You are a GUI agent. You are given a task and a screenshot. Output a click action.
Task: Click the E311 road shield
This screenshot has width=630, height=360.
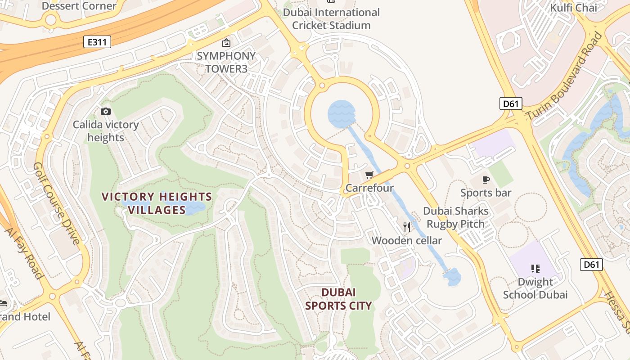pyautogui.click(x=97, y=42)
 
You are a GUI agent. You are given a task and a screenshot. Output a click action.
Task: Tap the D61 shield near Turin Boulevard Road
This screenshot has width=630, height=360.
pyautogui.click(x=510, y=104)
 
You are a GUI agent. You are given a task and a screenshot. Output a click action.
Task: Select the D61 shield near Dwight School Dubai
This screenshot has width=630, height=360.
pyautogui.click(x=591, y=264)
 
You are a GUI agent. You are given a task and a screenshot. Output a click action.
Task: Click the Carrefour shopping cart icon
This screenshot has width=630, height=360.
pyautogui.click(x=369, y=175)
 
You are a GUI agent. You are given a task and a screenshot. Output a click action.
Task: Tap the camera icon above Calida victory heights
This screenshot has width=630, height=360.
pyautogui.click(x=105, y=111)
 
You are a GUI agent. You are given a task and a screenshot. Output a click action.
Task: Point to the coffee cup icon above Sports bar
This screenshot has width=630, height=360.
pyautogui.click(x=486, y=180)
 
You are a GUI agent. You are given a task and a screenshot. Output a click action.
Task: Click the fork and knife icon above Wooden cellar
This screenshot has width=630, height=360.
pyautogui.click(x=407, y=227)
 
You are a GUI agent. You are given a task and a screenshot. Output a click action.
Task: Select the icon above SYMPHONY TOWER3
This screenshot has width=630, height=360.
pyautogui.click(x=226, y=43)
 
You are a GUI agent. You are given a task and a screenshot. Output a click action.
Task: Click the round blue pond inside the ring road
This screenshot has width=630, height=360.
pyautogui.click(x=341, y=113)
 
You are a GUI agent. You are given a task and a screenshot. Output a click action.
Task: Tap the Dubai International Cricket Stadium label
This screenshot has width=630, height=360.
pyautogui.click(x=331, y=19)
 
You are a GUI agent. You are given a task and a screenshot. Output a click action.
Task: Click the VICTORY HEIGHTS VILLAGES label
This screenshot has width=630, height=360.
pyautogui.click(x=157, y=203)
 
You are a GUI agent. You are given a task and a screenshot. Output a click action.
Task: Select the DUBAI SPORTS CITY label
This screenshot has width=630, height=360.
pyautogui.click(x=338, y=299)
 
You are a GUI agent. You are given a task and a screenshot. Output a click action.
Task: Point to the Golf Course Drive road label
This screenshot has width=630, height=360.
pyautogui.click(x=57, y=203)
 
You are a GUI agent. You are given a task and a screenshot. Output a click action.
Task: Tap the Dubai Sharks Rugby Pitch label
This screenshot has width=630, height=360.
pyautogui.click(x=455, y=217)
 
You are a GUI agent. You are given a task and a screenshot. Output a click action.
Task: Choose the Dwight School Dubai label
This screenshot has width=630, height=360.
pyautogui.click(x=535, y=288)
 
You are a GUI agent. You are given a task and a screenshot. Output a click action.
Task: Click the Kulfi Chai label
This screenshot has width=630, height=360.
pyautogui.click(x=573, y=8)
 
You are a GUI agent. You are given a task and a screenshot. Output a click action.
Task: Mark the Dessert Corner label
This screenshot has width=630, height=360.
pyautogui.click(x=79, y=6)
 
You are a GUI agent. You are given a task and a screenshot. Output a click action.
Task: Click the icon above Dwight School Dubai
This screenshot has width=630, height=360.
pyautogui.click(x=535, y=269)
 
